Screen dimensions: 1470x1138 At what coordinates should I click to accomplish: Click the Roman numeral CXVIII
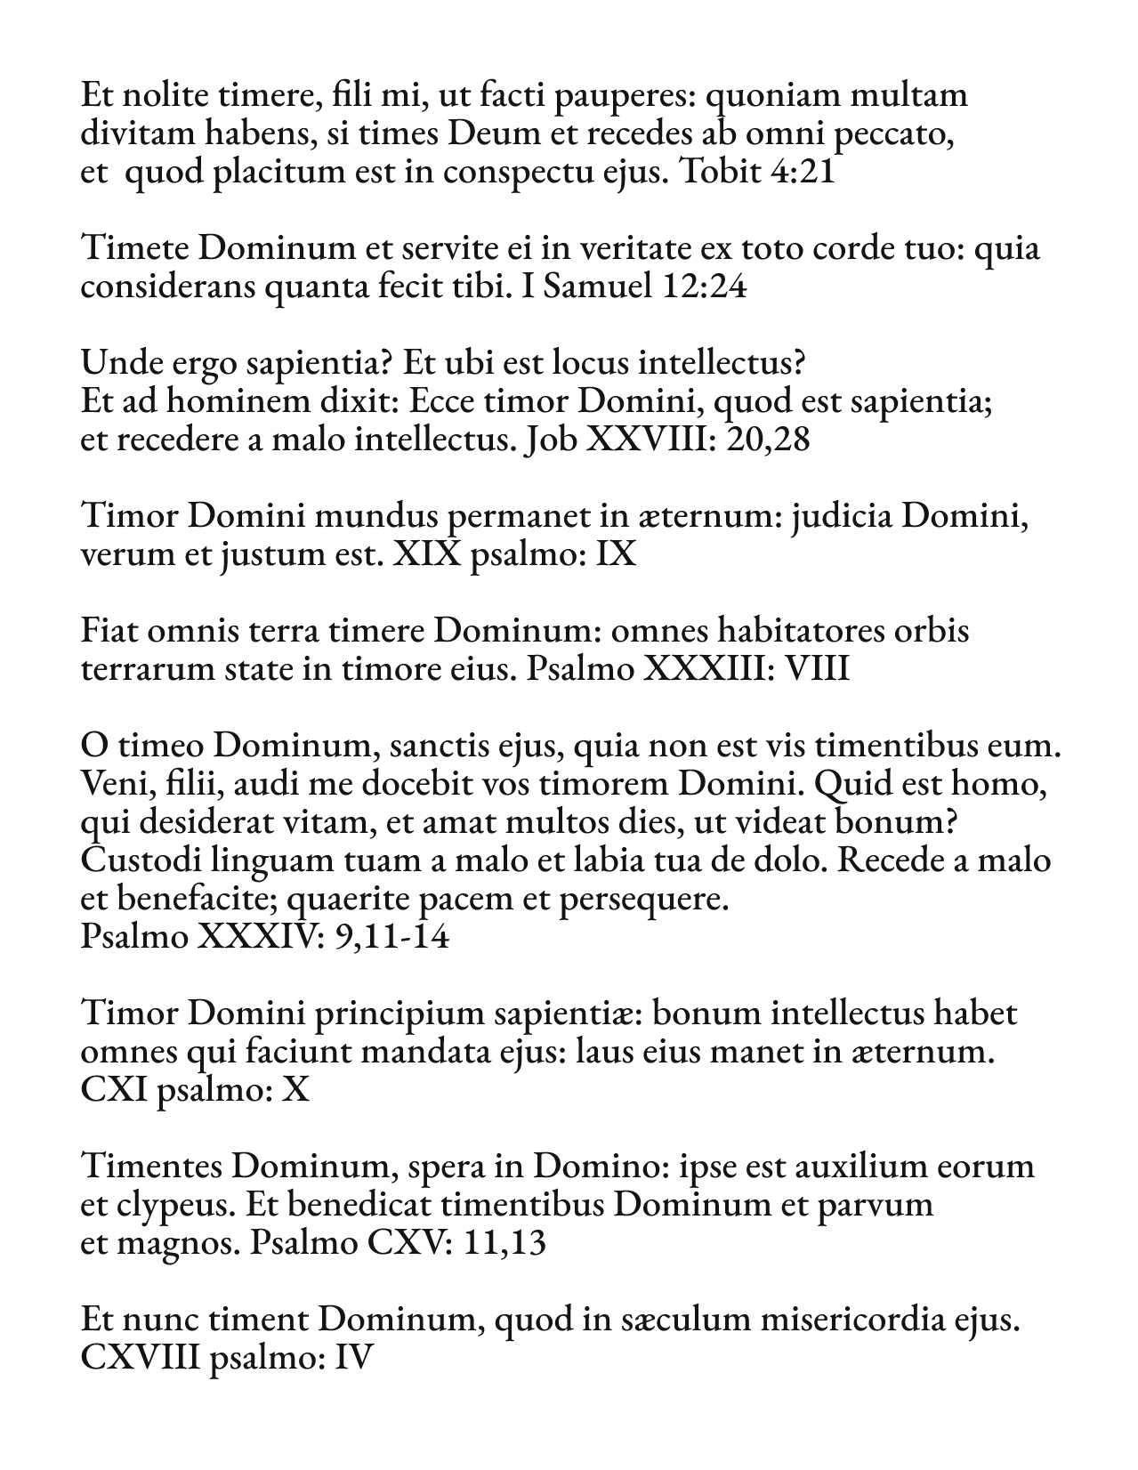[x=140, y=1359]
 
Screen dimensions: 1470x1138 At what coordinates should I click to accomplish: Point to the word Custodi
[x=133, y=860]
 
